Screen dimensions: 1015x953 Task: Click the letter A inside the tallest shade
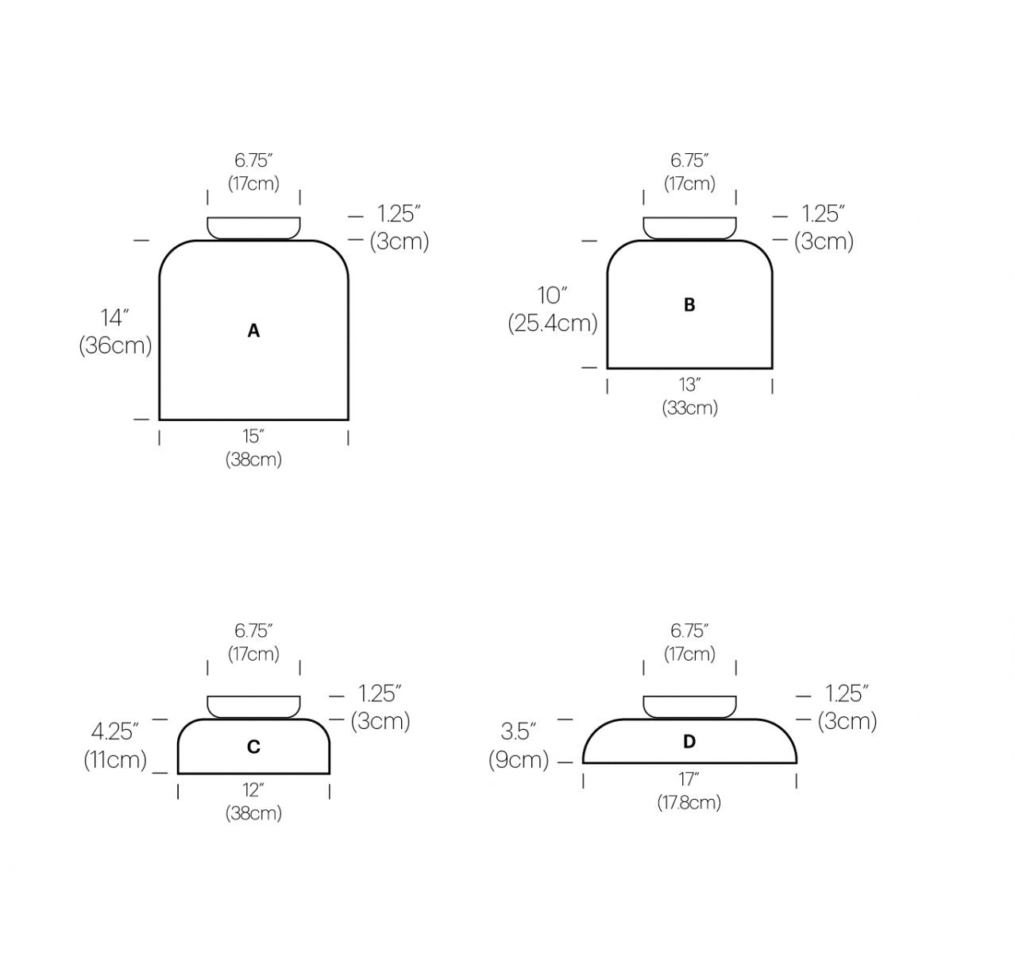click(253, 331)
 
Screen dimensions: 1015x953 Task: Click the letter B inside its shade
click(689, 305)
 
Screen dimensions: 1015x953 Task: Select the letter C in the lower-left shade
click(253, 747)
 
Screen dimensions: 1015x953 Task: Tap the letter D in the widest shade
click(689, 741)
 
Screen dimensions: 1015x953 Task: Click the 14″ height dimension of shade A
click(114, 318)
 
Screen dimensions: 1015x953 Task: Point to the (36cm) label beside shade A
click(115, 345)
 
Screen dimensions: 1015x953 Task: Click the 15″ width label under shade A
click(253, 436)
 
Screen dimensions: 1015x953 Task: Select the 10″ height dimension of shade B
click(552, 295)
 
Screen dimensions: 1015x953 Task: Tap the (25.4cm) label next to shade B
click(553, 323)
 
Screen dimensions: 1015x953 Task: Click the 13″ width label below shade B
click(689, 384)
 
